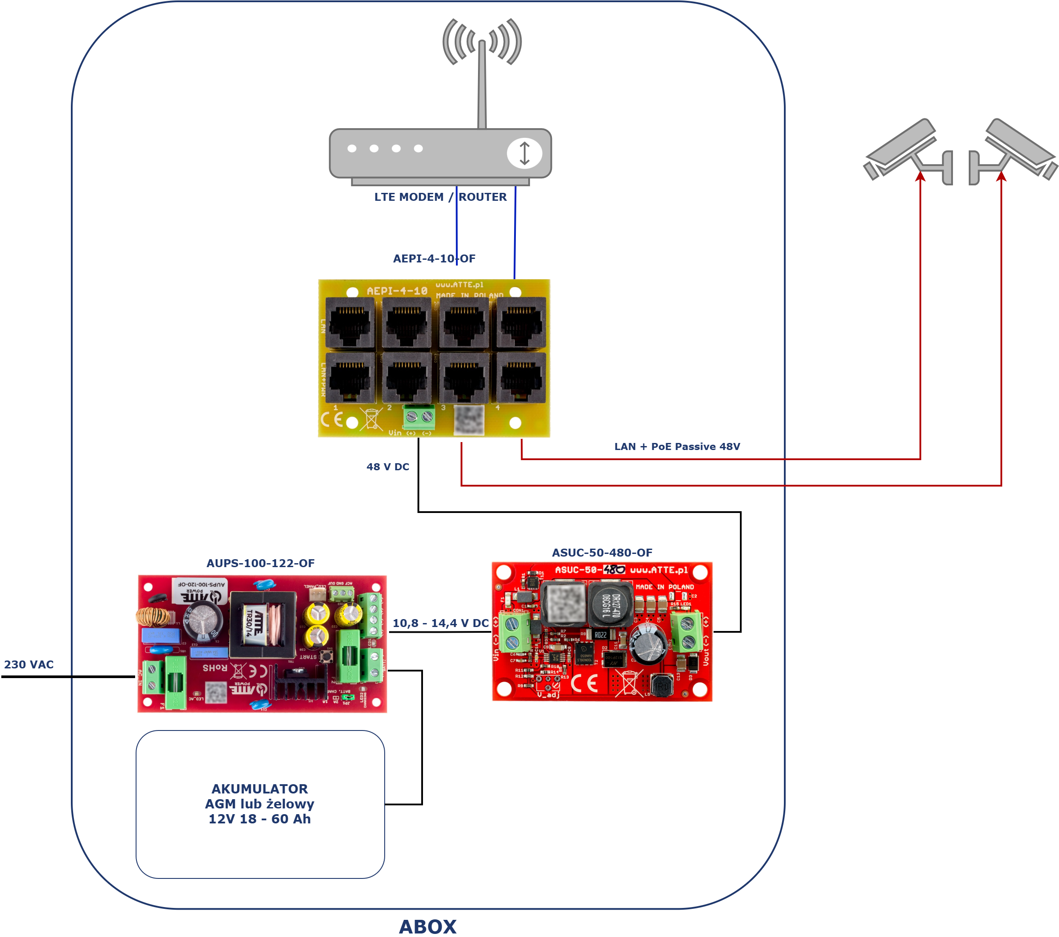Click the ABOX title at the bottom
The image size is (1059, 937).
tap(427, 926)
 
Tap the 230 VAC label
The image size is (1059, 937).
tap(29, 664)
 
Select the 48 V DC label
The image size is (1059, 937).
tap(387, 466)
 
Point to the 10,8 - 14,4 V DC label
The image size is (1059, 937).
tap(441, 623)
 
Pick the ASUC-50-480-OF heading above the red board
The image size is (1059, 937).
tap(602, 553)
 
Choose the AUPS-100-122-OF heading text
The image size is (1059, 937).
tap(260, 563)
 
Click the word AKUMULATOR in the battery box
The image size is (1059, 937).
tap(260, 788)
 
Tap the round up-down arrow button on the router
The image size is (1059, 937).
tap(524, 153)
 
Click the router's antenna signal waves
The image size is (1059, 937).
tap(482, 41)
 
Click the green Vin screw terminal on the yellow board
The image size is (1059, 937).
tap(419, 416)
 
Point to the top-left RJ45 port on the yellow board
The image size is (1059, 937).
tap(350, 322)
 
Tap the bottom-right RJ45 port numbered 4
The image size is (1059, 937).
tap(521, 378)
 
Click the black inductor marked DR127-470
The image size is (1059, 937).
tap(611, 604)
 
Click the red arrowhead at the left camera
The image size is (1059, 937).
tap(920, 177)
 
